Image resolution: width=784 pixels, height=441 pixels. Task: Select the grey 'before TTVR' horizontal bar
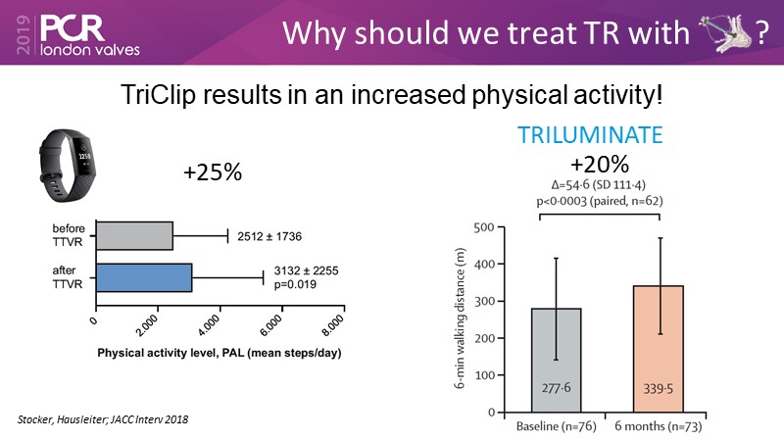pos(133,236)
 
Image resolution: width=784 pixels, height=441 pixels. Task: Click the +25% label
pos(213,173)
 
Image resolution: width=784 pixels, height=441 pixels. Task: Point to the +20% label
pos(600,164)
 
